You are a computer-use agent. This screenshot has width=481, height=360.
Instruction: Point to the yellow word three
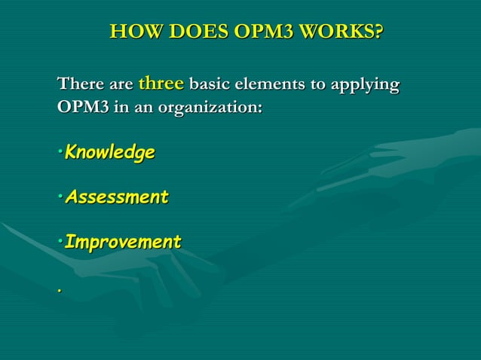161,82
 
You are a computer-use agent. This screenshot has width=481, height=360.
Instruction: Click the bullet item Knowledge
110,153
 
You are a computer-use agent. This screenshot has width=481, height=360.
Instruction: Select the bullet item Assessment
117,198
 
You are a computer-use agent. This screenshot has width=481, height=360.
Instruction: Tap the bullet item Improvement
123,243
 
